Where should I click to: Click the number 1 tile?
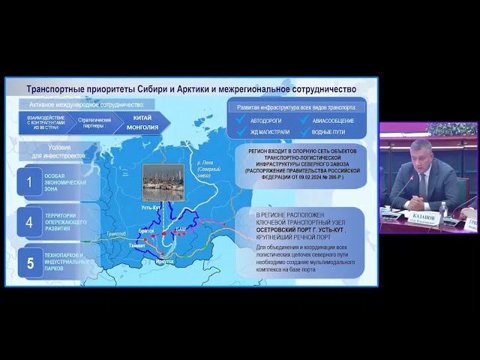[x=29, y=181]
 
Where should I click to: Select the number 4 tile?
[x=29, y=222]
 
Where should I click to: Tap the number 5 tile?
[x=29, y=262]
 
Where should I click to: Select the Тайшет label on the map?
[x=137, y=244]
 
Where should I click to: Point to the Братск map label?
[x=147, y=231]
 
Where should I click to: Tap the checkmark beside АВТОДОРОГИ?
[x=241, y=120]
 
